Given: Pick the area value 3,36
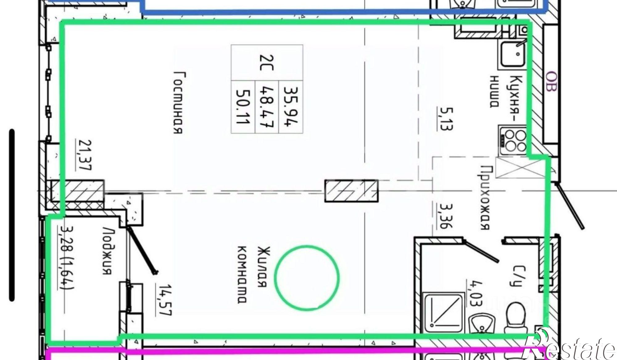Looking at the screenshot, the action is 445,215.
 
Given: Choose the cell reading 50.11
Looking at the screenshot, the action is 243,107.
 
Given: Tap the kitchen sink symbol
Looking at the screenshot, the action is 512,55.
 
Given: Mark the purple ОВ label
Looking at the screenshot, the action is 552,82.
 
